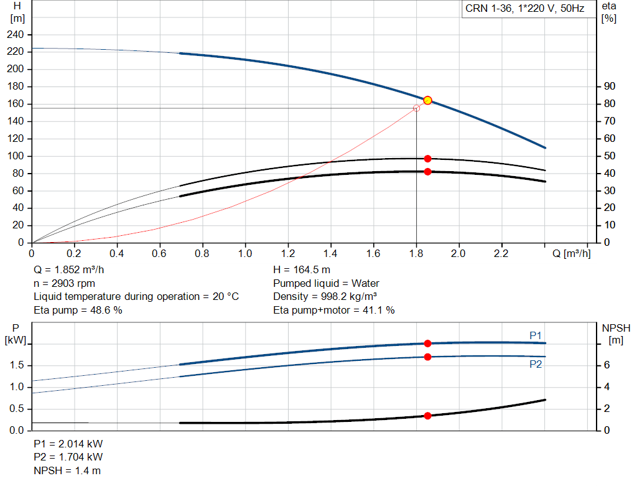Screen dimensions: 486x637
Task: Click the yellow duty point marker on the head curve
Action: click(x=427, y=100)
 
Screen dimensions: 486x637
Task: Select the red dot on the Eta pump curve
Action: click(x=427, y=159)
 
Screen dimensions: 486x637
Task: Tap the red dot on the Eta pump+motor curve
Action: click(x=427, y=172)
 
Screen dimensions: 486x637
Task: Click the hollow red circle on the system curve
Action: click(x=416, y=108)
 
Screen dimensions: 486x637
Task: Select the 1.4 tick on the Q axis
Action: click(x=330, y=253)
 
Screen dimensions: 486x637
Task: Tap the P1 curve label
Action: click(x=536, y=335)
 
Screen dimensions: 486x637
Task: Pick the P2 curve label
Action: click(x=536, y=364)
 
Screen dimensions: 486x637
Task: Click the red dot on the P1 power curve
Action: click(x=427, y=343)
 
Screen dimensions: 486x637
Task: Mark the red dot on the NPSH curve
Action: click(x=427, y=416)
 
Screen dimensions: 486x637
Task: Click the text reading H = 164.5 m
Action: click(x=302, y=271)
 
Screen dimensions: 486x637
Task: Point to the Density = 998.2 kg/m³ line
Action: click(x=325, y=296)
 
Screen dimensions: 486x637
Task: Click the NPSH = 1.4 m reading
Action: click(x=67, y=470)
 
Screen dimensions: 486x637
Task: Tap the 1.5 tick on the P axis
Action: click(x=17, y=365)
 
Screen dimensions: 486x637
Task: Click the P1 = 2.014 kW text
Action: click(x=68, y=444)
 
